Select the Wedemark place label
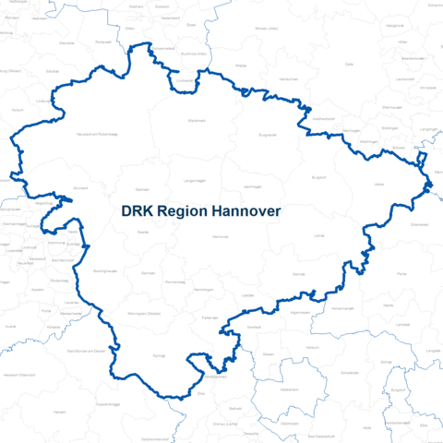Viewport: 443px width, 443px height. tap(197, 120)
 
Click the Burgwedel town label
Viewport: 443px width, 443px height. tap(268, 135)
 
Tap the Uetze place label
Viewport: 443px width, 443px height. tap(378, 185)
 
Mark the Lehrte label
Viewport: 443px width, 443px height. tap(320, 237)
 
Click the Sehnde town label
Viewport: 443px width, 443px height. tap(298, 275)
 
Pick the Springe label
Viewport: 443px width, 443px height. tap(159, 355)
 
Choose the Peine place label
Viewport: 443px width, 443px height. tap(401, 274)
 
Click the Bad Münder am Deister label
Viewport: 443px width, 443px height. tap(92, 351)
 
